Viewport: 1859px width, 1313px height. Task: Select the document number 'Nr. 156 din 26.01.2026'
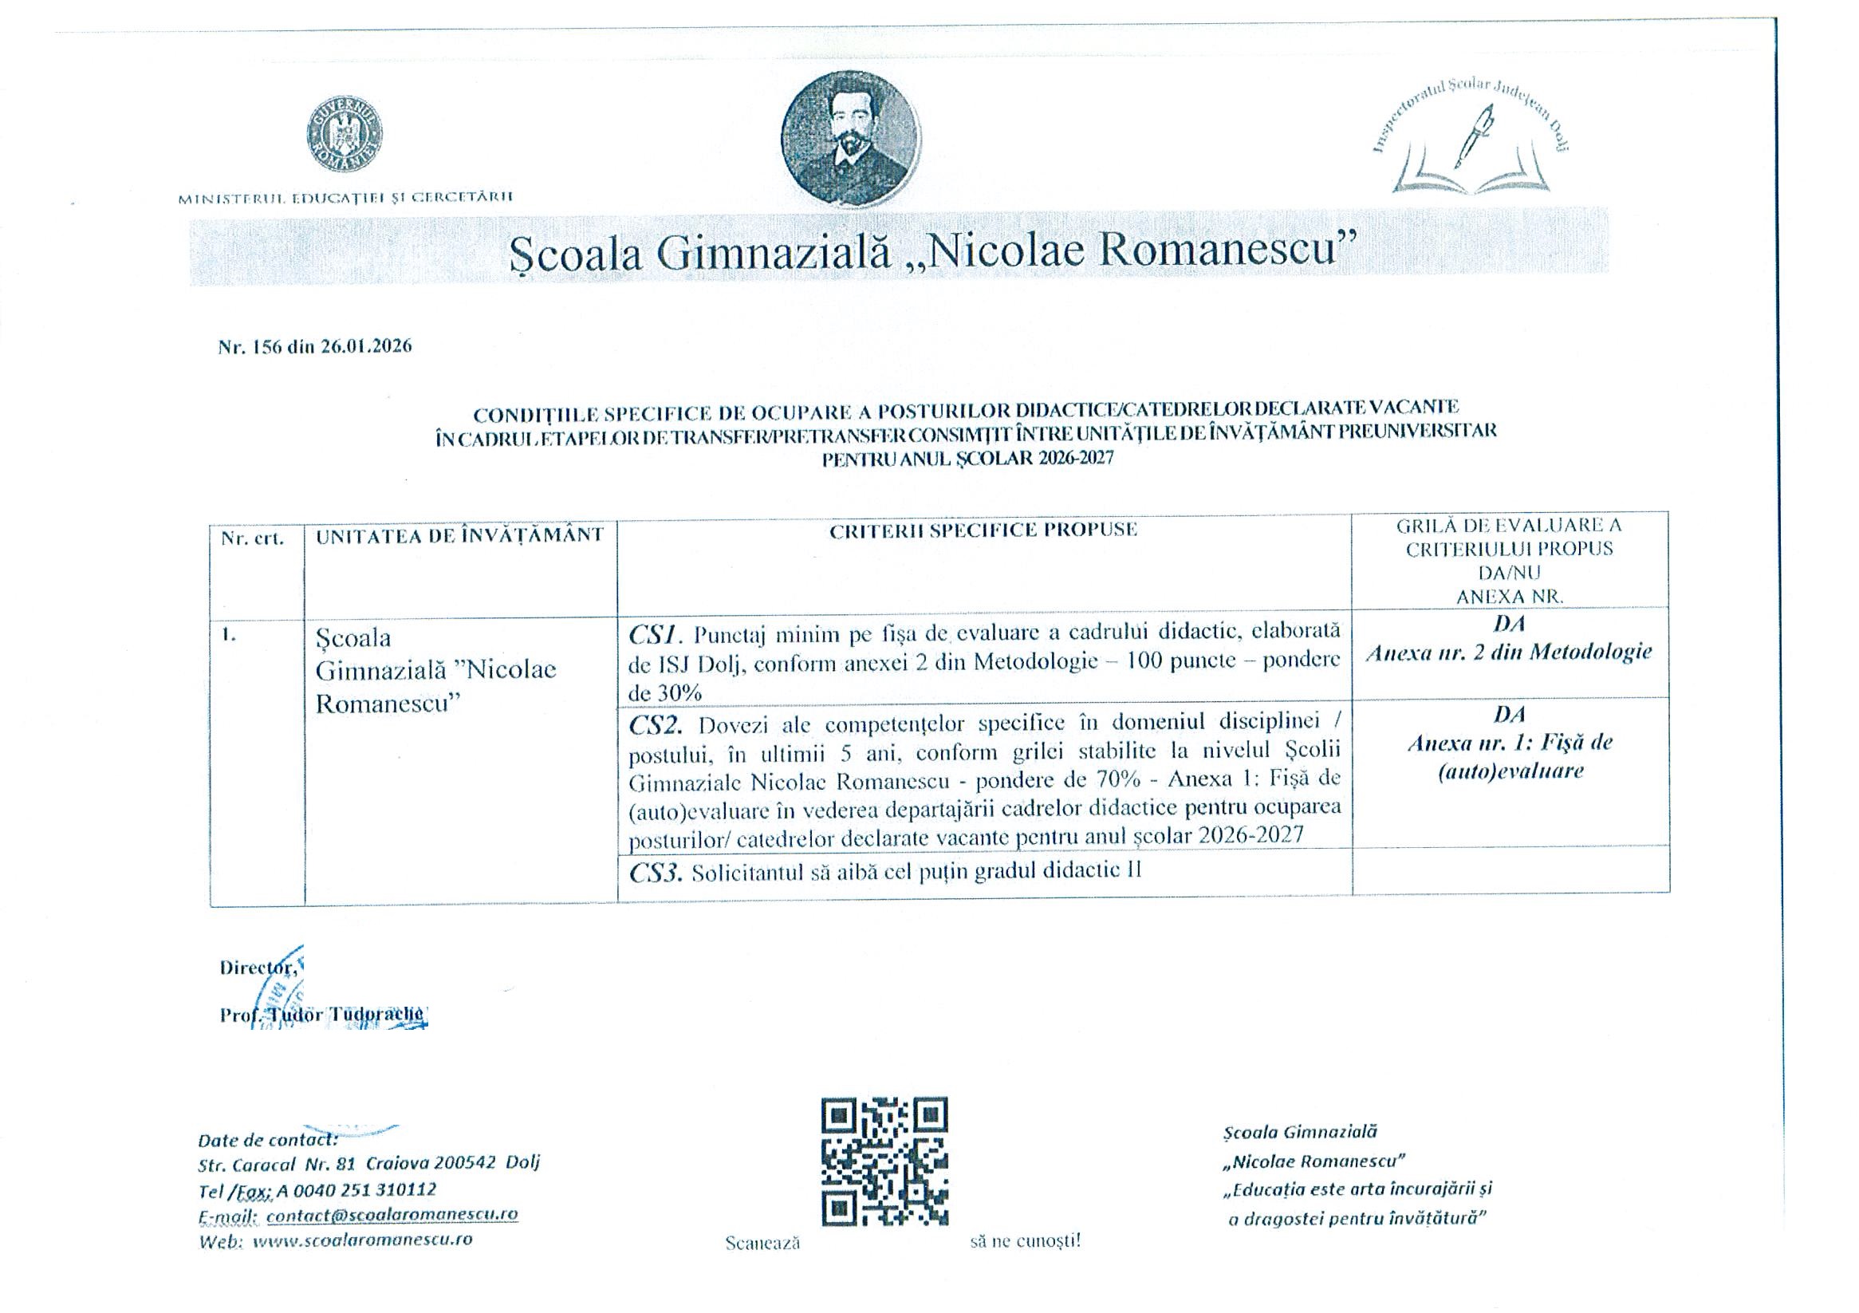tap(315, 347)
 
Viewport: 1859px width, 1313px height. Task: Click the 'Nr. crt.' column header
tap(253, 538)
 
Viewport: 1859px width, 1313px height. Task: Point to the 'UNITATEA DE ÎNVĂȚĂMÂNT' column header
tap(460, 535)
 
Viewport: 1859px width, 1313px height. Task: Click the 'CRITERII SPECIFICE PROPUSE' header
tap(983, 530)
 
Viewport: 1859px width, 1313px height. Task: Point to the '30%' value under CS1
tap(665, 692)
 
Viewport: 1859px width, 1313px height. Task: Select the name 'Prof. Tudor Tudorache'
tap(322, 1014)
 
